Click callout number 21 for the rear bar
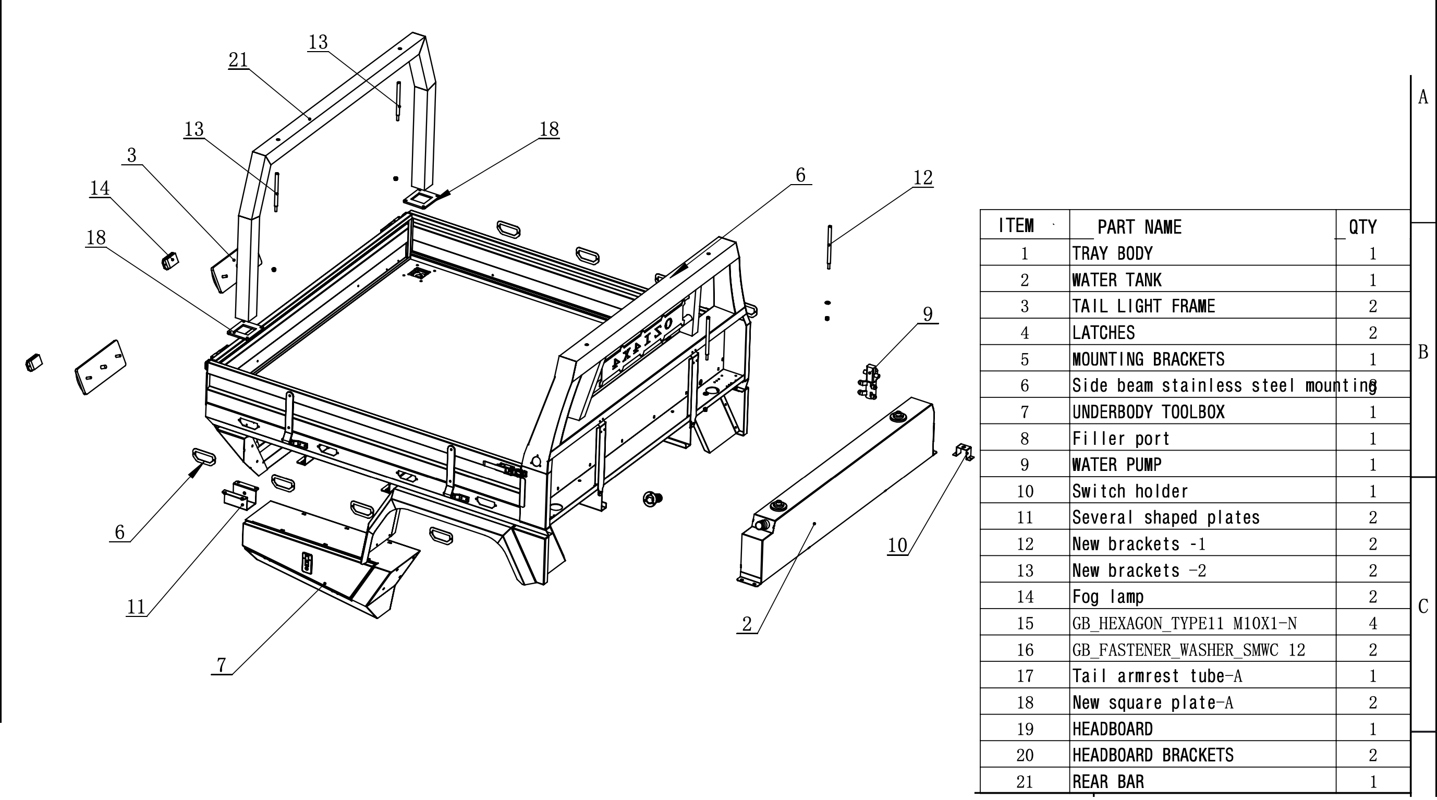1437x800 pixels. click(x=238, y=59)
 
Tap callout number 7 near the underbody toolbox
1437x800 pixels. click(x=222, y=665)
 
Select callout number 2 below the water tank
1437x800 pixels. click(x=747, y=624)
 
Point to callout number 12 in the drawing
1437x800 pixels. click(x=923, y=178)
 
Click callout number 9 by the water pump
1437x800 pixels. click(x=928, y=314)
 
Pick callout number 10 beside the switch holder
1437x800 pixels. click(x=897, y=545)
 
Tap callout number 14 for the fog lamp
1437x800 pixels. click(x=100, y=188)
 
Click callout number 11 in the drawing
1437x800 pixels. click(x=136, y=607)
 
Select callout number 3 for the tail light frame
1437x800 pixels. click(x=131, y=155)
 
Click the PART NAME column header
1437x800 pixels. click(x=1139, y=227)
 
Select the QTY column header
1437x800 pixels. click(x=1362, y=227)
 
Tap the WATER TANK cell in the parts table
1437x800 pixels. click(x=1117, y=280)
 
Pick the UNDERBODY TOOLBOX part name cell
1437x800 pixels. click(x=1148, y=411)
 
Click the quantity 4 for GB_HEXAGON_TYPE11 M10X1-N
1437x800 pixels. click(x=1373, y=623)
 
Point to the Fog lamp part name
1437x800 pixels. click(x=1108, y=597)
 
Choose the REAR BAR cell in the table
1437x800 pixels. click(x=1108, y=782)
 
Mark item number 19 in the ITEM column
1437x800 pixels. click(x=1025, y=729)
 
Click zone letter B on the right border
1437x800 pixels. click(x=1423, y=353)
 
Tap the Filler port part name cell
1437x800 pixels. click(x=1121, y=439)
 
